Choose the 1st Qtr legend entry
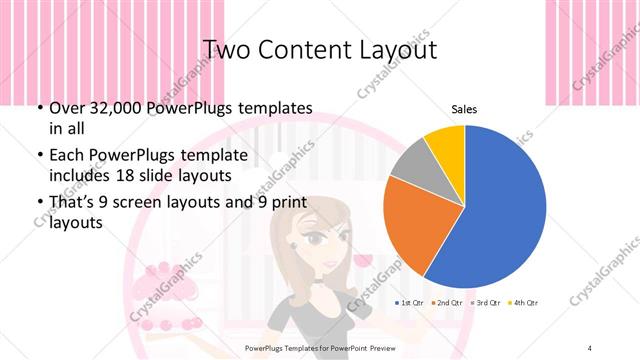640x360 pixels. tap(410, 302)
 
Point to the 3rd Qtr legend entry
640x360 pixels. tap(488, 302)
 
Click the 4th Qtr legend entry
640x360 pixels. tap(526, 302)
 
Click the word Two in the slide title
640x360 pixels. tap(225, 49)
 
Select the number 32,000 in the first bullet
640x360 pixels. tap(109, 108)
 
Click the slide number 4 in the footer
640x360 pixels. tap(590, 347)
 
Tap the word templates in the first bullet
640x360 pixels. tap(270, 108)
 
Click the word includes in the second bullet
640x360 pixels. tap(80, 174)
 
